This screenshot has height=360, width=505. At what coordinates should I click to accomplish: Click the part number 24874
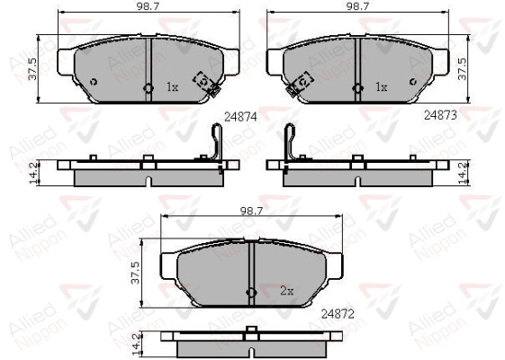click(240, 117)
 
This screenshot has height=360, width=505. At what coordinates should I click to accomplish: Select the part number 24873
click(440, 115)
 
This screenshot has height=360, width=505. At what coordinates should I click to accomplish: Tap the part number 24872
click(338, 314)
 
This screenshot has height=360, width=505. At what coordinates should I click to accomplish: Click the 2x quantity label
click(286, 292)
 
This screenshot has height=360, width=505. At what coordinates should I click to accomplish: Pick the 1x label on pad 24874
click(172, 87)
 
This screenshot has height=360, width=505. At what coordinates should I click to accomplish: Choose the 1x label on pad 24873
click(382, 86)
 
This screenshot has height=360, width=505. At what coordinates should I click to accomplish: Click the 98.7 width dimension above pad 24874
click(149, 7)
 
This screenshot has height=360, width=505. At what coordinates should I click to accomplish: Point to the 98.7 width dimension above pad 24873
click(357, 7)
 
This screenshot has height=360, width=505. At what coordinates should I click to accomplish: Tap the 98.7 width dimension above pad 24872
click(251, 211)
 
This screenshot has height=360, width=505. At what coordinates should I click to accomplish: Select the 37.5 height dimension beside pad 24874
click(32, 68)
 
